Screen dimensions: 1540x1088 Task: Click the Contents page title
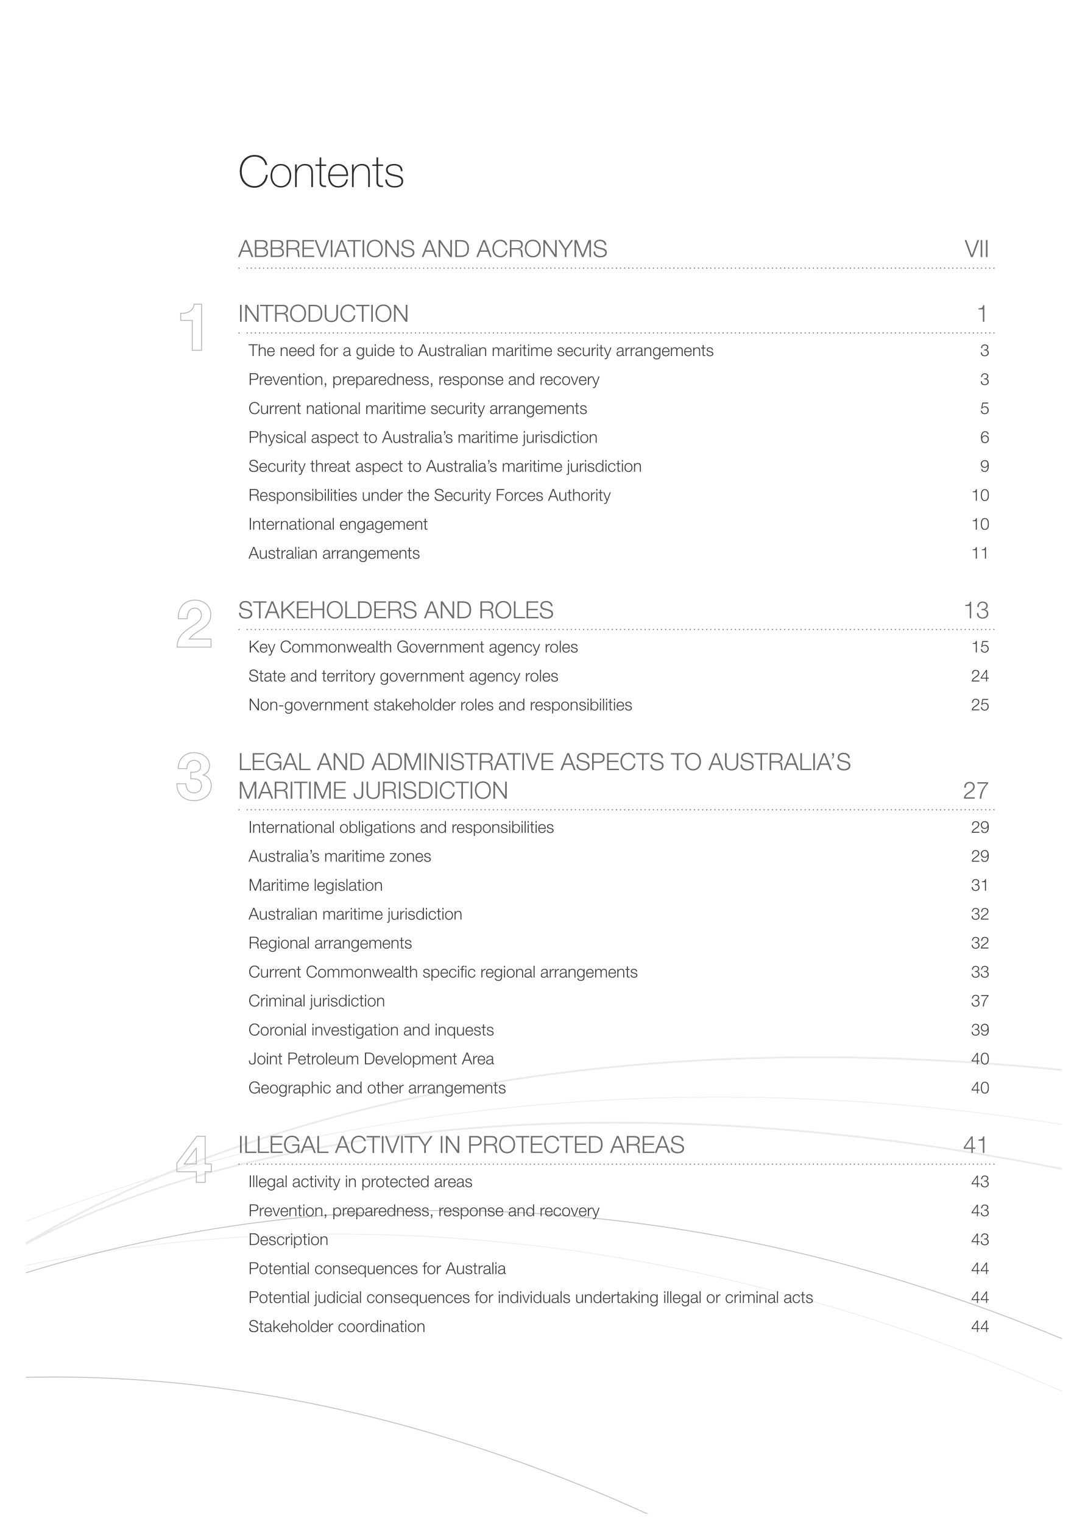click(x=320, y=173)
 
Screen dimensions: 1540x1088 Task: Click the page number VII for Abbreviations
click(x=976, y=249)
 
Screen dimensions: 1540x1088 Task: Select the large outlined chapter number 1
click(x=193, y=327)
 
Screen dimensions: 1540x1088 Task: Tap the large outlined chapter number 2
click(x=194, y=624)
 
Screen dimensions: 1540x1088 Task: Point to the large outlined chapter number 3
click(x=194, y=777)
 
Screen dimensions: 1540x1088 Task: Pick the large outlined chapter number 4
click(x=194, y=1159)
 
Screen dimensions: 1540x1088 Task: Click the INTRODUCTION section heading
click(x=323, y=314)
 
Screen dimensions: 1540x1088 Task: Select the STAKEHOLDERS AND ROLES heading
click(x=395, y=610)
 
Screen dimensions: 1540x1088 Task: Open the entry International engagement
click(x=338, y=524)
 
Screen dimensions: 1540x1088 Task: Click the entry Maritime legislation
click(x=315, y=885)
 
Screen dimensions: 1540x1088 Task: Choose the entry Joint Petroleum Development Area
click(x=371, y=1059)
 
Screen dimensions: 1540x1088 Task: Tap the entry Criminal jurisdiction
click(x=316, y=1002)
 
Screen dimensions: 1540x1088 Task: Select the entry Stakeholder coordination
click(x=336, y=1327)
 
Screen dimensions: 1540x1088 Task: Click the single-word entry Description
click(x=288, y=1239)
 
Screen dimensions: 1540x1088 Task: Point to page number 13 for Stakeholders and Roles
click(x=976, y=610)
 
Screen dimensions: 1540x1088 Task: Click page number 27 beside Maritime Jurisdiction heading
click(x=976, y=791)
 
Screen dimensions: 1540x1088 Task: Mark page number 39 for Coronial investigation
click(x=980, y=1030)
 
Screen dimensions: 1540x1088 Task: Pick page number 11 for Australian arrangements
click(x=980, y=554)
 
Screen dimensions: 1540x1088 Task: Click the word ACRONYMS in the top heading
click(x=542, y=249)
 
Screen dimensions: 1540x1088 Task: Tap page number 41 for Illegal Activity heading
click(x=976, y=1145)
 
